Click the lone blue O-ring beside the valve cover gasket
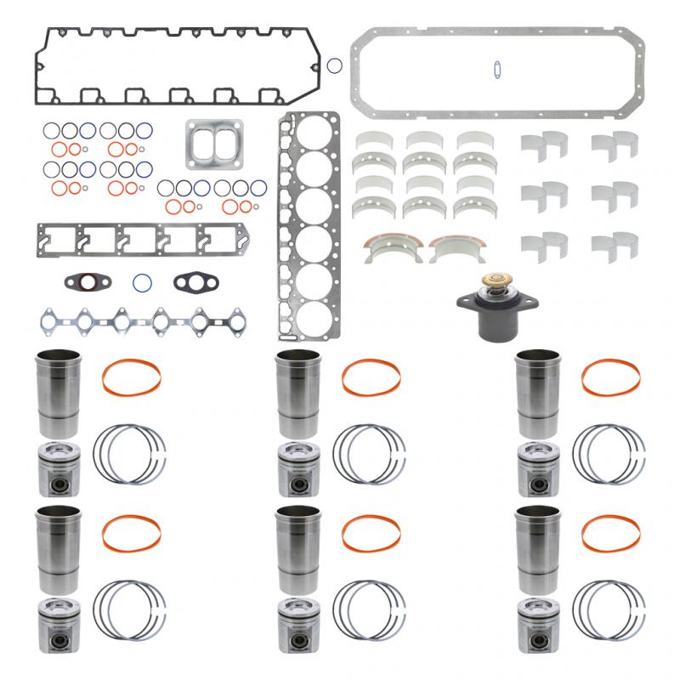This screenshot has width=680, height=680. (x=335, y=65)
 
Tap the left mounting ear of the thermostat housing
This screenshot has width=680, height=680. (x=464, y=301)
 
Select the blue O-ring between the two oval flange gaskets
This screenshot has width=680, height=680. (x=141, y=280)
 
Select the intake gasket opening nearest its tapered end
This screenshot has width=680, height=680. (x=224, y=240)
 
